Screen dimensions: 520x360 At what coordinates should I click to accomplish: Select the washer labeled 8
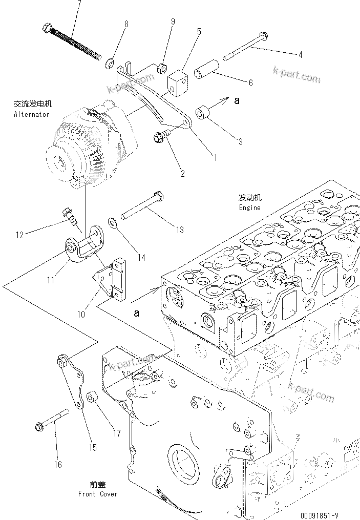[109, 64]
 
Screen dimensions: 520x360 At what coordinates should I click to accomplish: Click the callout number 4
[300, 54]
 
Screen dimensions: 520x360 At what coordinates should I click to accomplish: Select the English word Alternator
[32, 115]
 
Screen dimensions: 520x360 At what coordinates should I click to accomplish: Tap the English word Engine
[249, 207]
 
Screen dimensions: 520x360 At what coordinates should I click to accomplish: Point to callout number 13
[180, 230]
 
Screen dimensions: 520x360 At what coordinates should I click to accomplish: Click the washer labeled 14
[112, 222]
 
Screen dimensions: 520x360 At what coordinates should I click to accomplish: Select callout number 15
[93, 447]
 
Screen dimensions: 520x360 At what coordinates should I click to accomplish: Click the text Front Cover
[97, 494]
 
